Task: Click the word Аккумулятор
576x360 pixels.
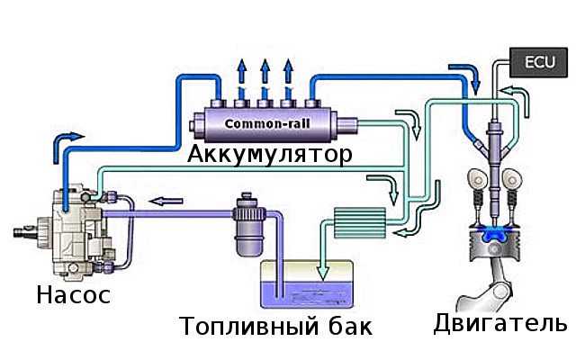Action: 270,154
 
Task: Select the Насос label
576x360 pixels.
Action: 74,294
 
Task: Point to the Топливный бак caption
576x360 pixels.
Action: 274,325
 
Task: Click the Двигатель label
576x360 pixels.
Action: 499,322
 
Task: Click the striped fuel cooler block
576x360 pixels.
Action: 359,220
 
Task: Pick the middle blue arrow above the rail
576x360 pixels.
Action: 265,71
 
